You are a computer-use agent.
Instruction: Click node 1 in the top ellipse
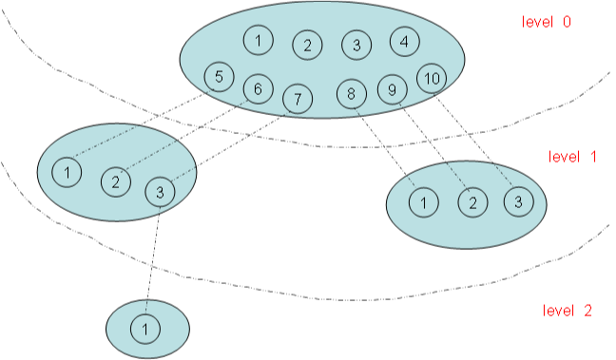click(258, 40)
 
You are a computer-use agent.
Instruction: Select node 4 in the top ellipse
click(404, 42)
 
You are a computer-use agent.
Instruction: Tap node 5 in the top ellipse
click(220, 77)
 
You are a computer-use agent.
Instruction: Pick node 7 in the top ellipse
click(298, 97)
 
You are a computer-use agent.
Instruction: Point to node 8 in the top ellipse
click(351, 93)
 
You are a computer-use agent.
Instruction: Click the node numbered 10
click(433, 78)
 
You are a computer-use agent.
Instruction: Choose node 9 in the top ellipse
click(393, 89)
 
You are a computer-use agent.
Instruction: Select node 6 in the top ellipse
click(258, 88)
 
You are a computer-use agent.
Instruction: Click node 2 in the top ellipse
click(307, 45)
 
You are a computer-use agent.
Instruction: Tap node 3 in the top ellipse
click(356, 45)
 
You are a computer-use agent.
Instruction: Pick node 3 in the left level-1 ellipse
click(160, 191)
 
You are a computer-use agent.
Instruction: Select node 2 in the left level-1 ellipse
click(115, 180)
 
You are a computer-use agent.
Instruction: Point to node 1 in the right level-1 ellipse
click(424, 201)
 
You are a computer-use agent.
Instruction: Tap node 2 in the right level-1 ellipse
click(472, 201)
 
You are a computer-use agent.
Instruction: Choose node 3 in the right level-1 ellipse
click(518, 201)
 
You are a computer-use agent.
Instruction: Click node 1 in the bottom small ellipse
click(145, 329)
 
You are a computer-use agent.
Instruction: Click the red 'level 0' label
click(547, 22)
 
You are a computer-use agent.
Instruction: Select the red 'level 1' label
click(572, 156)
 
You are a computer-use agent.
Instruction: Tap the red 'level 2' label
click(568, 311)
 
